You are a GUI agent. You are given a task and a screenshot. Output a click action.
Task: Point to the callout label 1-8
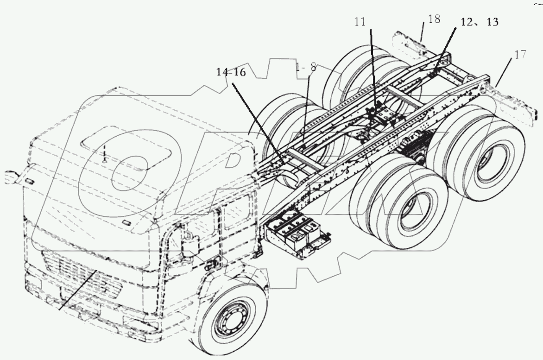[306, 68]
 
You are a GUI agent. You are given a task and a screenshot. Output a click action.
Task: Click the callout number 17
[520, 55]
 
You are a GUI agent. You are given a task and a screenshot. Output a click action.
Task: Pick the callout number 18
[434, 19]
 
